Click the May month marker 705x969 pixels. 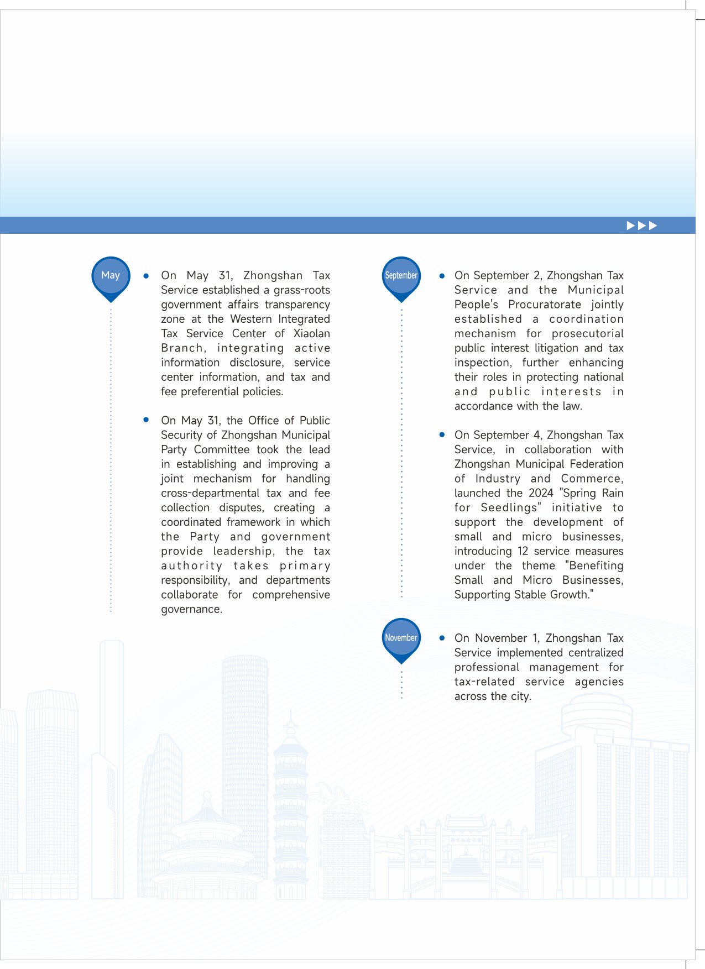[x=111, y=276]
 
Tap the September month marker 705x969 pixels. [x=401, y=276]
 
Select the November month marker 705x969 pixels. [x=401, y=638]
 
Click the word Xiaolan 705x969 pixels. [x=311, y=333]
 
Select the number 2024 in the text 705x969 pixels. [x=541, y=493]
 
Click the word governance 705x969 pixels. [x=191, y=609]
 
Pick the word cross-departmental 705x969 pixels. [x=210, y=493]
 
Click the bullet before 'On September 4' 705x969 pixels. [x=442, y=435]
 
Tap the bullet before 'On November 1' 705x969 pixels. [x=442, y=638]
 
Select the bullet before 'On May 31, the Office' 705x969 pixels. [x=146, y=420]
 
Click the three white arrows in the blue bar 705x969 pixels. [x=641, y=226]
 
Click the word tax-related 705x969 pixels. [x=484, y=682]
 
